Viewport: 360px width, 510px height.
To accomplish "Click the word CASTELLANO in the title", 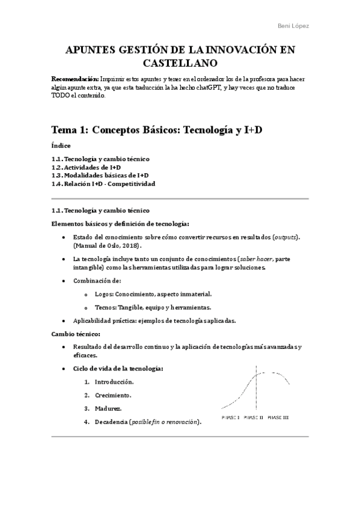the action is (180, 62).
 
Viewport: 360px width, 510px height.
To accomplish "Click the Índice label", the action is (61, 146).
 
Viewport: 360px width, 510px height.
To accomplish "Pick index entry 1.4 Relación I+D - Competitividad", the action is (103, 183).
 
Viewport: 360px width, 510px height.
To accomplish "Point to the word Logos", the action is (104, 293).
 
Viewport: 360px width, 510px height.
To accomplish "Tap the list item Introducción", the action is (114, 382).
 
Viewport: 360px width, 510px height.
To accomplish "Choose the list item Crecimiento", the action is (113, 395).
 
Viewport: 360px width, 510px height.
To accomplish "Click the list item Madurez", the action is (108, 408).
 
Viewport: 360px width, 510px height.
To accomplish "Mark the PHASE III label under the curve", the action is (278, 417).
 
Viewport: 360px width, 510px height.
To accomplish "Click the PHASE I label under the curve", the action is (231, 417).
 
